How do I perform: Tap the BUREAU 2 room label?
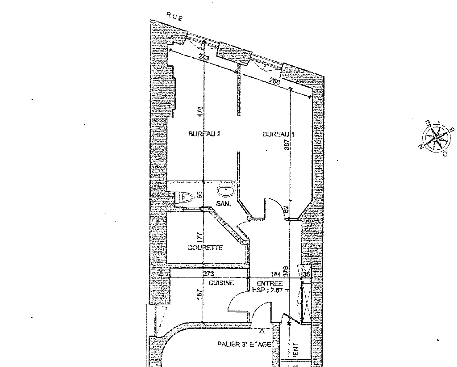coord(204,134)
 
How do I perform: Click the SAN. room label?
coord(224,204)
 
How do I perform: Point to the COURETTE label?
coord(205,248)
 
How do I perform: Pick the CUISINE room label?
coord(221,283)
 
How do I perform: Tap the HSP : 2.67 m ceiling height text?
coord(270,290)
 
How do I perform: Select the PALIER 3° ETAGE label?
coord(244,344)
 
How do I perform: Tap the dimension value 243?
coord(204,57)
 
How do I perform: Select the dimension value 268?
coord(275,81)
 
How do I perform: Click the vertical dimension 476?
coord(201,111)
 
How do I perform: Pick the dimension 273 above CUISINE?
coord(209,274)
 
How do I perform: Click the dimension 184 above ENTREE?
coord(276,274)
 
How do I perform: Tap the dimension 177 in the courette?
coord(201,237)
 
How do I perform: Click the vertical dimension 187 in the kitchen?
coord(200,294)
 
